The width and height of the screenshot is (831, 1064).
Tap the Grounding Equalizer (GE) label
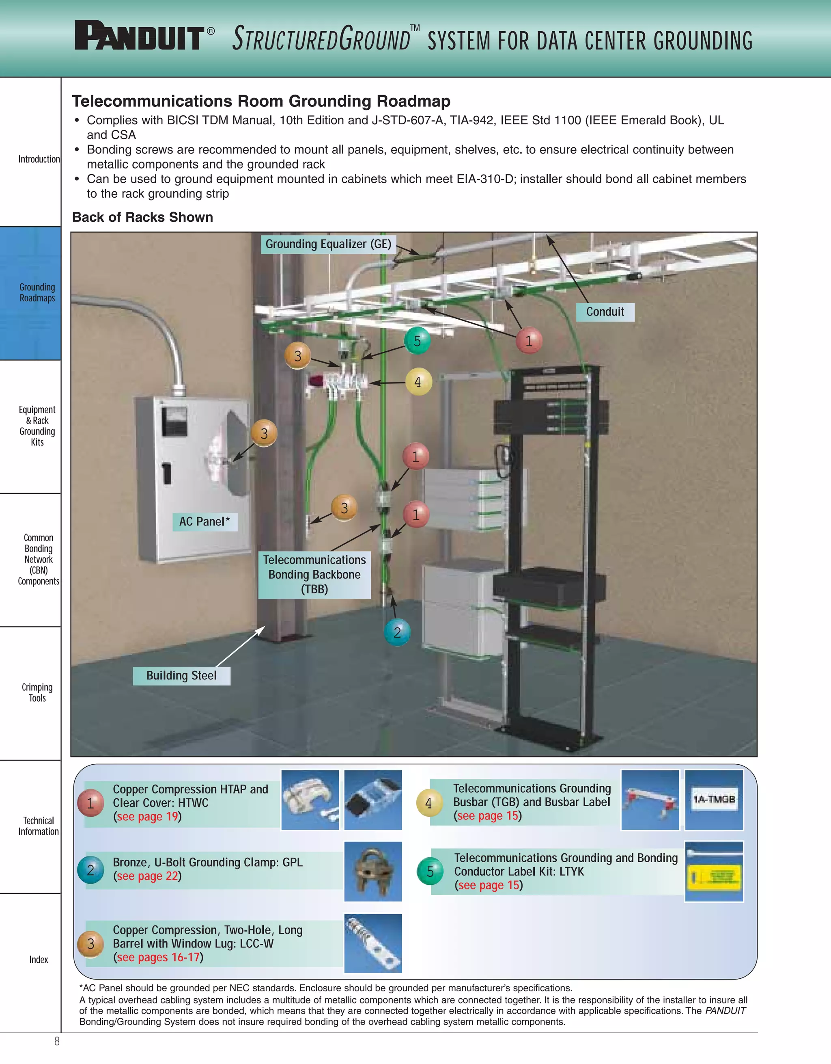(328, 244)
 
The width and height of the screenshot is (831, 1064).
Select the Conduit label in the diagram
(605, 312)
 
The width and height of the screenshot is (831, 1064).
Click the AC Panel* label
(205, 522)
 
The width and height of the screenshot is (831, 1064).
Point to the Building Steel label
(182, 676)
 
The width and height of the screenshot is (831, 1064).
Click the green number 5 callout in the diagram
(417, 341)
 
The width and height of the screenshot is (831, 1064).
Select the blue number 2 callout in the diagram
(397, 632)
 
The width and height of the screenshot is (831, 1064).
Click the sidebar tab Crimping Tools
(37, 692)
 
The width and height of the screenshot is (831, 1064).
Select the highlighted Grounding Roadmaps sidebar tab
(37, 293)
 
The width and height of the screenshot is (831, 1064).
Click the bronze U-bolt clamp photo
(373, 872)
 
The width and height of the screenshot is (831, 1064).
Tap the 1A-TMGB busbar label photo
(714, 800)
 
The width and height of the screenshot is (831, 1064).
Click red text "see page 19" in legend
(148, 817)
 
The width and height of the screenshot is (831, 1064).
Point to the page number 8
(57, 1041)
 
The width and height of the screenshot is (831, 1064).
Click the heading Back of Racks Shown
(143, 217)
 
